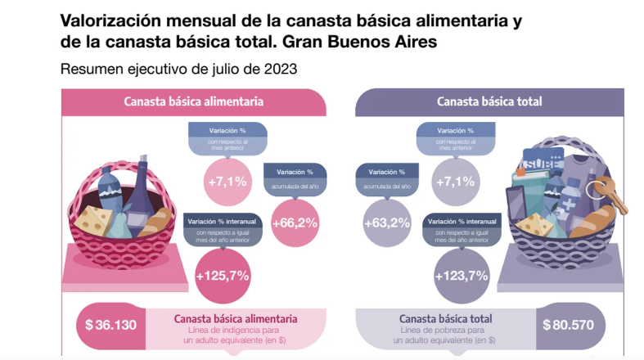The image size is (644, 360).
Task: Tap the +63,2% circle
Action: tap(388, 222)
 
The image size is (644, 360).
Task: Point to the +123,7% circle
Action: tap(455, 277)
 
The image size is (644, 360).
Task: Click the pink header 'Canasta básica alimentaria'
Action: tap(193, 102)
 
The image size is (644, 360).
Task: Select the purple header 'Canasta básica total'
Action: tap(489, 102)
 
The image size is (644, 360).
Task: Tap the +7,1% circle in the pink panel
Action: tap(227, 181)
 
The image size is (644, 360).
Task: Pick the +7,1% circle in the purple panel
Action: tap(455, 181)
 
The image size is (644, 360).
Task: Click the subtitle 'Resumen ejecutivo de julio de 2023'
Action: tap(178, 70)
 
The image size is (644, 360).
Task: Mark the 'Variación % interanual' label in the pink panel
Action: tap(223, 222)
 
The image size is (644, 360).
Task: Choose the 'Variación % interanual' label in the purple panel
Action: tap(455, 222)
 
